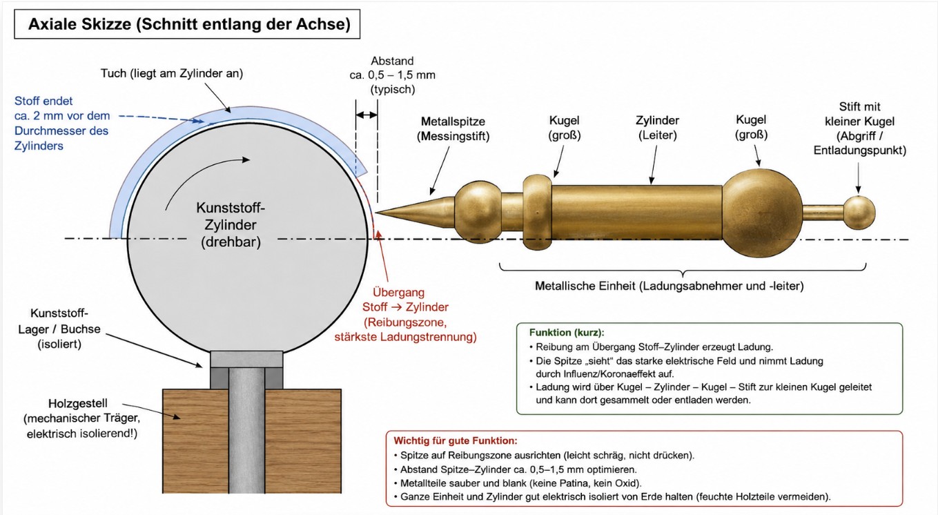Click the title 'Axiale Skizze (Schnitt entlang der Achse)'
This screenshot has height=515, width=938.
pyautogui.click(x=189, y=24)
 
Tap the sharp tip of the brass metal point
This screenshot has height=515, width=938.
pyautogui.click(x=375, y=213)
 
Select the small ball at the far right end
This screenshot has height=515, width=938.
pyautogui.click(x=859, y=213)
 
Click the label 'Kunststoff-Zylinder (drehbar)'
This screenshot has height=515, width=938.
pyautogui.click(x=231, y=225)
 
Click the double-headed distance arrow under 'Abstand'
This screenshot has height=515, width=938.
pyautogui.click(x=367, y=115)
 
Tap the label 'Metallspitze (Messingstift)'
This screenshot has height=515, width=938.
pyautogui.click(x=453, y=129)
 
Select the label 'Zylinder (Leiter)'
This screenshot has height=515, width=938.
pyautogui.click(x=658, y=128)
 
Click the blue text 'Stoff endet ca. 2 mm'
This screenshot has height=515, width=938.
pyautogui.click(x=62, y=108)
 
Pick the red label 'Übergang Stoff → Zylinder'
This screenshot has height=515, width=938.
pyautogui.click(x=405, y=300)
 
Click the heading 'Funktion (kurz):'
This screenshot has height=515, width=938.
pyautogui.click(x=567, y=333)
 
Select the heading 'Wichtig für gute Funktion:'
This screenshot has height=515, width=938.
pyautogui.click(x=455, y=440)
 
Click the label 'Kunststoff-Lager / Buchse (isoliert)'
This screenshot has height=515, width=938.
pyautogui.click(x=59, y=329)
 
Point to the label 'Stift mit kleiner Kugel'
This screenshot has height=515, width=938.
pyautogui.click(x=860, y=114)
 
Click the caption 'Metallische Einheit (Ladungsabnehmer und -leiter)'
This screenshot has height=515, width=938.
pyautogui.click(x=670, y=286)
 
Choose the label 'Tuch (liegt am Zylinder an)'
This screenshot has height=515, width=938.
pyautogui.click(x=172, y=74)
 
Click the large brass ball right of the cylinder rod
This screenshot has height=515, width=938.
pyautogui.click(x=762, y=213)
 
